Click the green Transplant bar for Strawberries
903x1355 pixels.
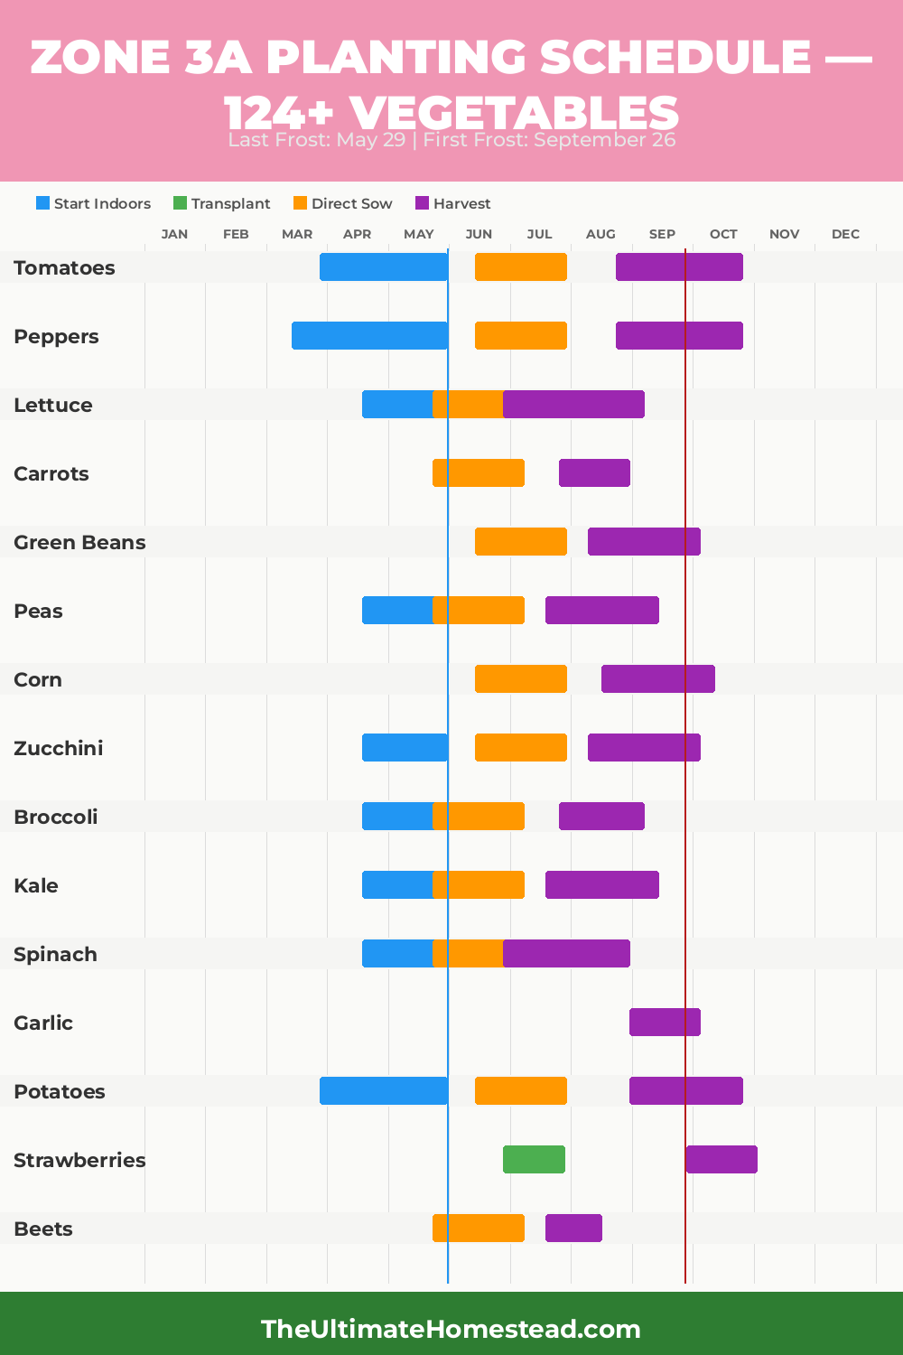pyautogui.click(x=534, y=1159)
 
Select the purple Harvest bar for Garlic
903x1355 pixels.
pyautogui.click(x=665, y=1022)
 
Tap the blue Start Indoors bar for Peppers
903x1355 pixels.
pyautogui.click(x=369, y=335)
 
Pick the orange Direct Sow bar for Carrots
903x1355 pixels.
pyautogui.click(x=479, y=472)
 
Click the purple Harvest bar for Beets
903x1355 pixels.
pyautogui.click(x=573, y=1228)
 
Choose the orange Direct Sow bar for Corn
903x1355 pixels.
pyautogui.click(x=521, y=678)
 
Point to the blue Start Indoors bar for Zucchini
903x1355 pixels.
pyautogui.click(x=405, y=747)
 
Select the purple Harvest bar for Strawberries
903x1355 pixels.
pyautogui.click(x=721, y=1159)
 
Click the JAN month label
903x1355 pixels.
pyautogui.click(x=174, y=234)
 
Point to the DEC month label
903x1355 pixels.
pyautogui.click(x=845, y=234)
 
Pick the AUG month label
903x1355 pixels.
pyautogui.click(x=600, y=234)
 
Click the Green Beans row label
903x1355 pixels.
pyautogui.click(x=79, y=542)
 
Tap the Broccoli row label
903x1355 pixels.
pyautogui.click(x=56, y=817)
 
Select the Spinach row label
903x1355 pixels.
pyautogui.click(x=55, y=954)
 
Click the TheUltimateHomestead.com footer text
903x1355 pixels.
pyautogui.click(x=451, y=1329)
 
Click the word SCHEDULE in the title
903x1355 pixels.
pyautogui.click(x=675, y=57)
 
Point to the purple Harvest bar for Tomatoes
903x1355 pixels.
pyautogui.click(x=679, y=266)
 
